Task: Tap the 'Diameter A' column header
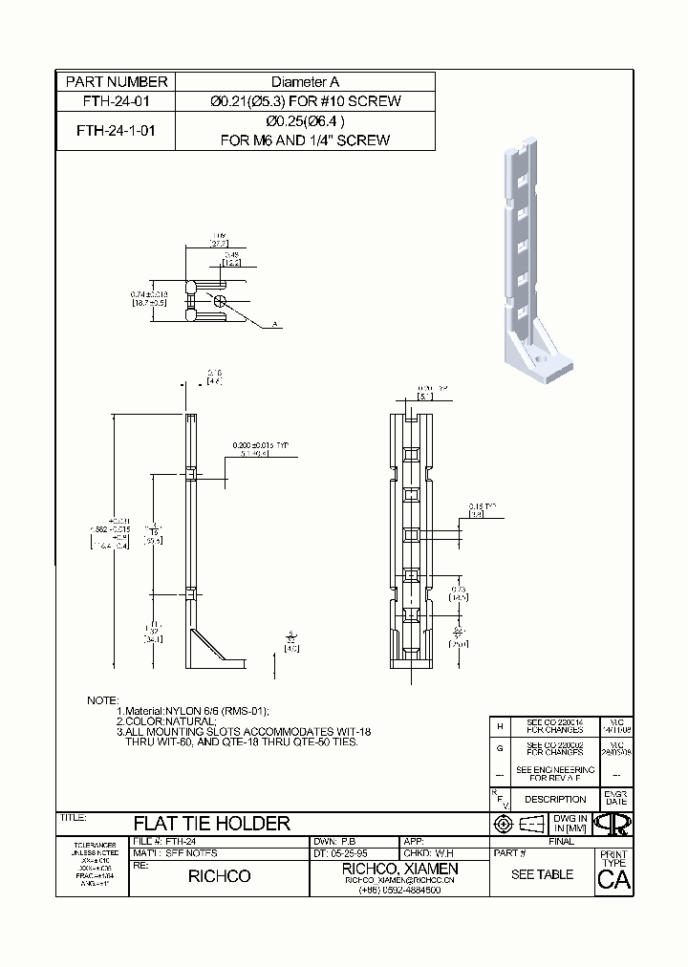[305, 82]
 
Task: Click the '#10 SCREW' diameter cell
[305, 100]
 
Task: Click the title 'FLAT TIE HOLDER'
[211, 823]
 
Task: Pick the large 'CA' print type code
[613, 881]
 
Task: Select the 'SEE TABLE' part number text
[542, 874]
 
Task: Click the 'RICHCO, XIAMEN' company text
[399, 868]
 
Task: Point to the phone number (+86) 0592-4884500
[399, 890]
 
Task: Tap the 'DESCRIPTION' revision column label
[555, 799]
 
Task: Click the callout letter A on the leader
[275, 326]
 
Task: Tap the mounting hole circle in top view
[220, 299]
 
